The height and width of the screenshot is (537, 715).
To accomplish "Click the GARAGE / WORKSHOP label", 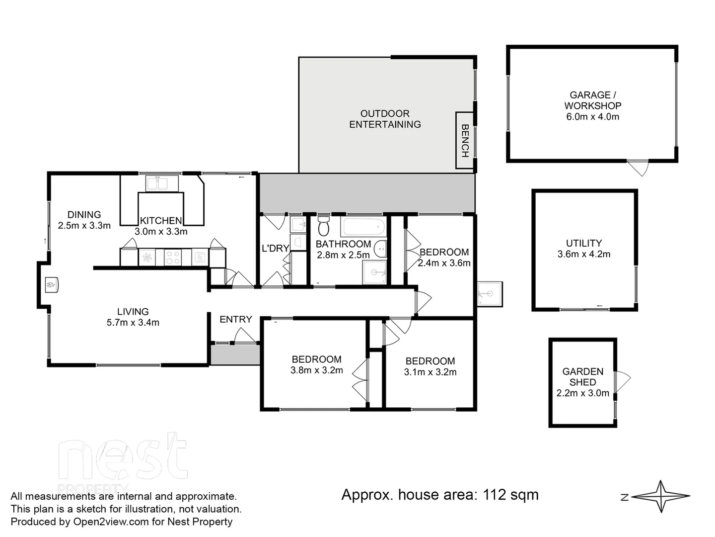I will (592, 100).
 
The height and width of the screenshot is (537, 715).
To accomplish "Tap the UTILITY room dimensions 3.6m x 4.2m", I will (584, 254).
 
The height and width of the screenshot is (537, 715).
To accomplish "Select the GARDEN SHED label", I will (582, 377).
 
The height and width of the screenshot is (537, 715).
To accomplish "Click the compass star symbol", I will (661, 496).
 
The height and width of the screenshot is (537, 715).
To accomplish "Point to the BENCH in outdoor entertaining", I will (465, 140).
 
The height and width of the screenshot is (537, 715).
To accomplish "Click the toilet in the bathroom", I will (323, 226).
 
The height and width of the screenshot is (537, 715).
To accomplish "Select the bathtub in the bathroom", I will (363, 227).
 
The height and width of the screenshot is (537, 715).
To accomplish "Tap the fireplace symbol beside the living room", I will (52, 285).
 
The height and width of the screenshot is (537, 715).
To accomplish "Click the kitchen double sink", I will (162, 183).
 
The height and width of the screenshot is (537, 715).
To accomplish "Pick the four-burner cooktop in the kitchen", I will (173, 258).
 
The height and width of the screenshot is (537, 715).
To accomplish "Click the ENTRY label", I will (235, 319).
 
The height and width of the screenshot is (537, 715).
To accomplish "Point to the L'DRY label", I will (275, 248).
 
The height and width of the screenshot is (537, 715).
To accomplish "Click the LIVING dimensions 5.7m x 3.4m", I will (133, 323).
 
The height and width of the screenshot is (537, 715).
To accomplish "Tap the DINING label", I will (84, 214).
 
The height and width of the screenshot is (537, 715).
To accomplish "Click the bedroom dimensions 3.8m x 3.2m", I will (316, 370).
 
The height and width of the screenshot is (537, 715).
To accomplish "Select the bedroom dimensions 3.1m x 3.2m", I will (430, 372).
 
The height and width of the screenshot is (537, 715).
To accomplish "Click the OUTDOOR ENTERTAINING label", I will (385, 119).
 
